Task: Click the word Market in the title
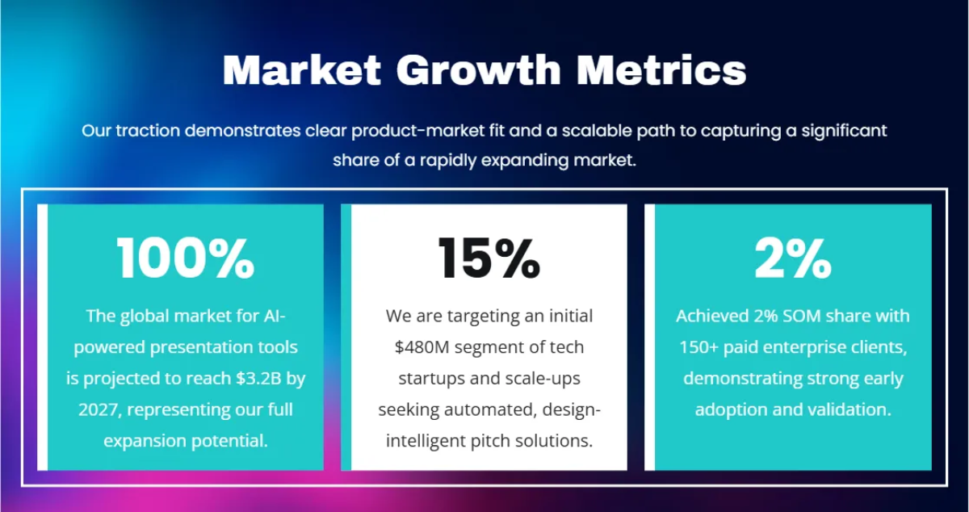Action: point(301,70)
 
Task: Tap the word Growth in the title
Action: point(478,70)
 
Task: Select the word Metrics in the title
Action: point(661,70)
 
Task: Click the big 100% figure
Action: point(186,258)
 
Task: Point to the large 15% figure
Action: point(489,258)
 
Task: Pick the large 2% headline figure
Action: point(793,258)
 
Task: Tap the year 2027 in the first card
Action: point(99,410)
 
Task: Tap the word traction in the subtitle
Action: point(148,131)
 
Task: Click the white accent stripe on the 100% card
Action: point(42,337)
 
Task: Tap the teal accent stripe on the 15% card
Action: point(346,337)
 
